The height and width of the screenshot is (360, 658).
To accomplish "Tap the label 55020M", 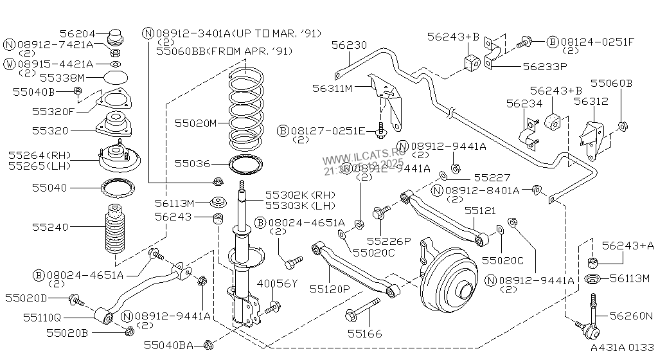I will [x=196, y=122].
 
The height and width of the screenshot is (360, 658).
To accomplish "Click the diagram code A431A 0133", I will [x=622, y=348].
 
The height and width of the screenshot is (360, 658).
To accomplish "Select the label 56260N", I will [x=630, y=316].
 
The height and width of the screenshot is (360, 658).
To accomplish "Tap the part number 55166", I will [x=364, y=334].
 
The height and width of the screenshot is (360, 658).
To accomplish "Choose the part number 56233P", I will [x=544, y=66].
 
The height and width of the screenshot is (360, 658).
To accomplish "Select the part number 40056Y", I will [x=278, y=283].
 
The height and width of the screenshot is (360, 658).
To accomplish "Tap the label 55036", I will [x=193, y=164].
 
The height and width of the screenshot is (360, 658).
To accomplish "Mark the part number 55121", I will [x=480, y=210].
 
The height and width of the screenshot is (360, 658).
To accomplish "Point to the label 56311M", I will [x=333, y=88].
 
